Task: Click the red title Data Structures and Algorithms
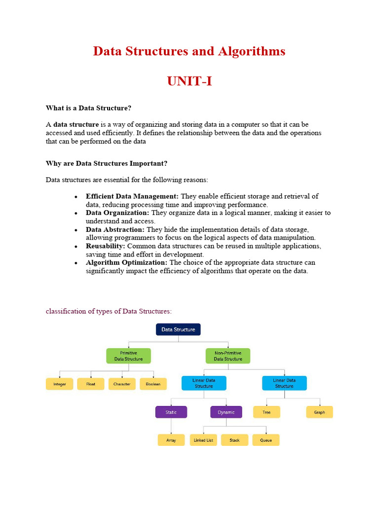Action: point(189,51)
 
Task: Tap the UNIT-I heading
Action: point(189,81)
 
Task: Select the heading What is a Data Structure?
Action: point(88,108)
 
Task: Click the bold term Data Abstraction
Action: point(115,229)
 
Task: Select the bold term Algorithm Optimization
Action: point(126,262)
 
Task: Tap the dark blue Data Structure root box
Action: point(178,329)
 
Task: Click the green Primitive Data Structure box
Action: point(128,356)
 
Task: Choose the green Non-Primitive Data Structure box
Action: point(227,356)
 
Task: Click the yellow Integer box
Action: point(60,384)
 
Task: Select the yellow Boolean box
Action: point(153,384)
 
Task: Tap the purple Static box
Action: point(171,412)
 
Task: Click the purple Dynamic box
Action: point(226,412)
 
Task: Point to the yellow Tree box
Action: point(266,412)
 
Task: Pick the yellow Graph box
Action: point(319,412)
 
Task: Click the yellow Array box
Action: point(171,440)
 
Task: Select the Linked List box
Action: point(203,440)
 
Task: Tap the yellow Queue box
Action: point(266,440)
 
